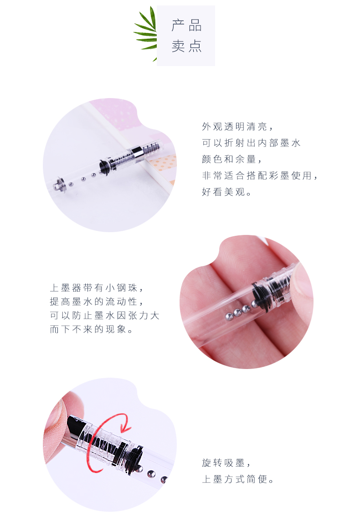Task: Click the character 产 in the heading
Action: pyautogui.click(x=178, y=26)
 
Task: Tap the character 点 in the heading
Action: pyautogui.click(x=195, y=46)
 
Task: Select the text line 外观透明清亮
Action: pyautogui.click(x=235, y=126)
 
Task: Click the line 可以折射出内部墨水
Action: pyautogui.click(x=251, y=143)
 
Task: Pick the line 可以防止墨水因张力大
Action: pyautogui.click(x=104, y=315)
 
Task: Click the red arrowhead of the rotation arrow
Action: pyautogui.click(x=125, y=426)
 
